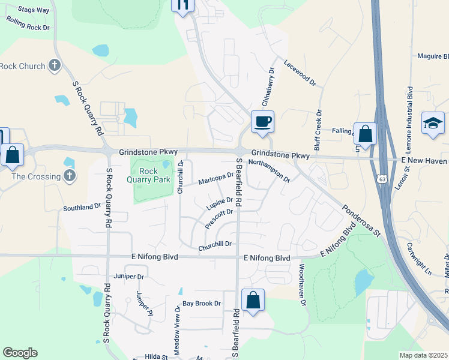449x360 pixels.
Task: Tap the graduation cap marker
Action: pos(433,124)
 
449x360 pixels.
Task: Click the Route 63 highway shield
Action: pos(382,178)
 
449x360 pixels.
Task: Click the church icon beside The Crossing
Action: pos(70,176)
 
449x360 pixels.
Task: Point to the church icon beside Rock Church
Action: pos(55,65)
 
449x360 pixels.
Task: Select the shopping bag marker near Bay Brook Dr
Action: pos(253,301)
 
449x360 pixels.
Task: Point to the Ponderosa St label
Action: pos(361,221)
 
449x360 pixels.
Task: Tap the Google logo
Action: pos(20,353)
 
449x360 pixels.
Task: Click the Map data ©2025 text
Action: pos(424,355)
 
